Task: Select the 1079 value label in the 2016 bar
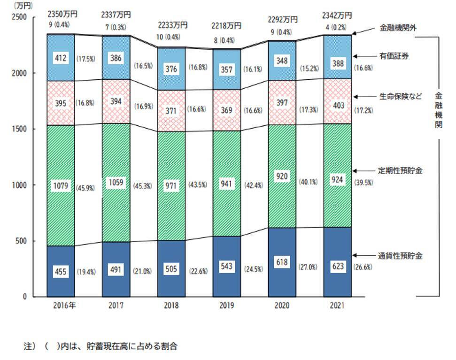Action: click(61, 186)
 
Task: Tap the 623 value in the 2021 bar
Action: click(338, 266)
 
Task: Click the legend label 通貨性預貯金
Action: click(401, 256)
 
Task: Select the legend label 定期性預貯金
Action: click(401, 171)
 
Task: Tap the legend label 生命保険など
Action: click(401, 97)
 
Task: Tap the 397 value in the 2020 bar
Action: click(283, 103)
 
